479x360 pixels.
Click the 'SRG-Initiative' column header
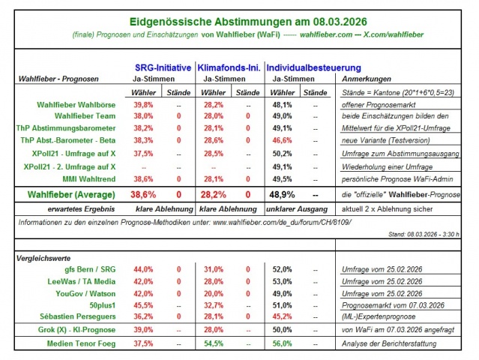point(162,67)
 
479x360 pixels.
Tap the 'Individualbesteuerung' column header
point(308,67)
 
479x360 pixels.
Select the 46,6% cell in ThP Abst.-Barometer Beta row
point(282,139)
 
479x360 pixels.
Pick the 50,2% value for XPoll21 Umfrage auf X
point(282,153)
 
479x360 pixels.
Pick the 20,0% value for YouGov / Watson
point(214,292)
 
